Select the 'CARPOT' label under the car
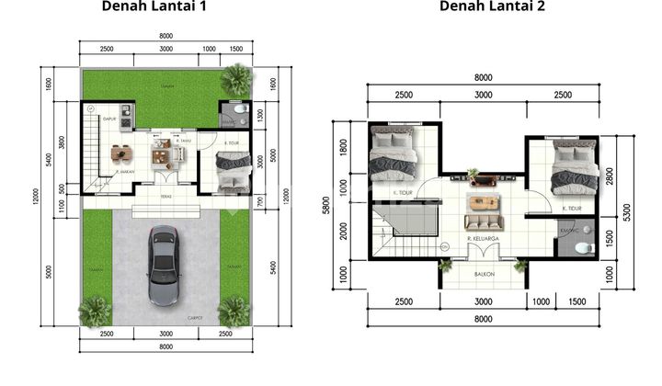click(194, 319)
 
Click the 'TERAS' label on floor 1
click(165, 197)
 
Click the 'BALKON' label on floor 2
click(484, 273)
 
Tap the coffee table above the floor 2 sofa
click(484, 202)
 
